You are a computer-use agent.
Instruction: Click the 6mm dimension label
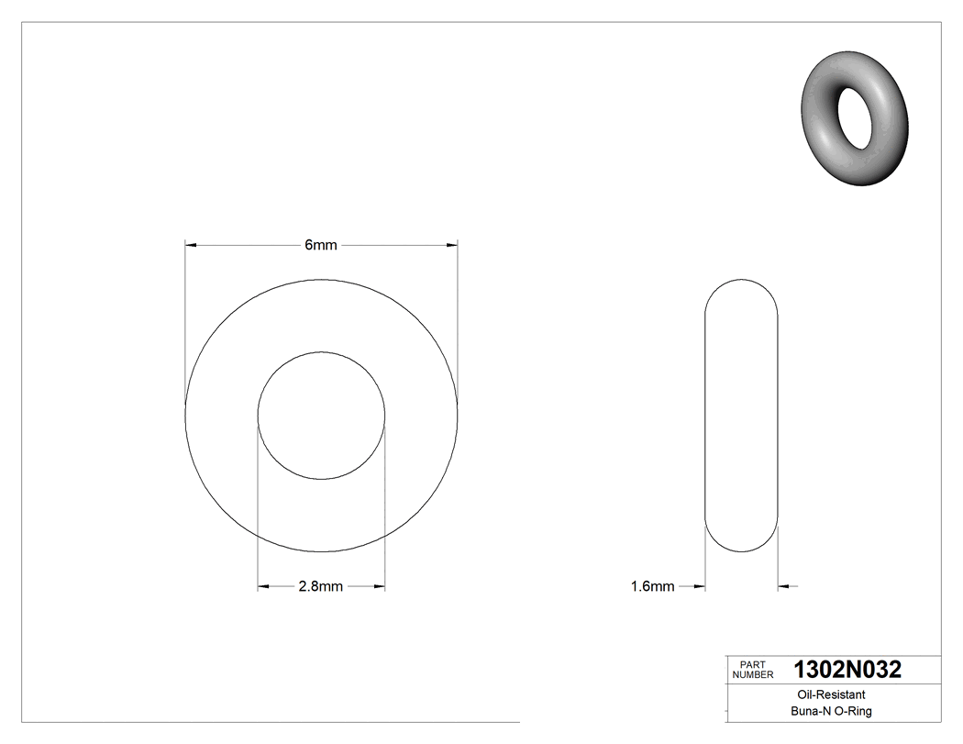(321, 245)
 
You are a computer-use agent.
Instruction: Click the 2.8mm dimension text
(320, 587)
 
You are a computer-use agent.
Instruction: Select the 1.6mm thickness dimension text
(652, 587)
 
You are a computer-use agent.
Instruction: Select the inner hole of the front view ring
(321, 415)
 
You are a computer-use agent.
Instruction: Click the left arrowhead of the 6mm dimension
(191, 245)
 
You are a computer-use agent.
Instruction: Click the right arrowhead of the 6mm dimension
(451, 245)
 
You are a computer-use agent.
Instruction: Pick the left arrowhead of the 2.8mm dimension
(263, 587)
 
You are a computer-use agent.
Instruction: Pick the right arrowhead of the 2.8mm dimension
(379, 587)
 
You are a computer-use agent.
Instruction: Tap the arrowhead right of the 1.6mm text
(699, 587)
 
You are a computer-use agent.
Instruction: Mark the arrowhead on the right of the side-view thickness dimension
(784, 587)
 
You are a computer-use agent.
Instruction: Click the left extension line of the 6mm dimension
(185, 321)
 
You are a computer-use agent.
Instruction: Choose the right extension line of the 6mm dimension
(458, 321)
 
